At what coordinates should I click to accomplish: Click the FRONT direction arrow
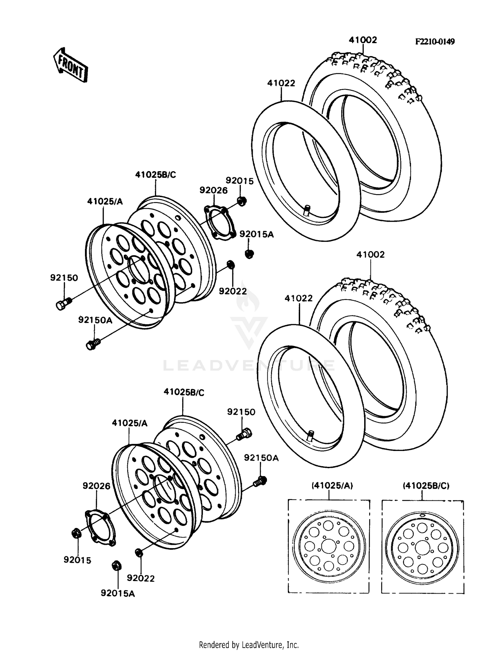71,65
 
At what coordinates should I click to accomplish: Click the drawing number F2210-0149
435,42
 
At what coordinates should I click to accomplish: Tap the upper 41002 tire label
363,40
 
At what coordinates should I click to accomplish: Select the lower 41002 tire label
371,254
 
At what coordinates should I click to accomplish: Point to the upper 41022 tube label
281,83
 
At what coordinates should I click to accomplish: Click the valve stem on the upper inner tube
306,210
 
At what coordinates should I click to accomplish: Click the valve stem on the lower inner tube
310,435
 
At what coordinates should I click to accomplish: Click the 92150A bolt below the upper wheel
93,344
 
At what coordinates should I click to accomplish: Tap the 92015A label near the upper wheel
256,234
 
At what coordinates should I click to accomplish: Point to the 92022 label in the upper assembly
233,291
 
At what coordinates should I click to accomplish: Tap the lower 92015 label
77,560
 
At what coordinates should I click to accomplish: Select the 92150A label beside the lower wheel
261,458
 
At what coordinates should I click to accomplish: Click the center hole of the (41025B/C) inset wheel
422,547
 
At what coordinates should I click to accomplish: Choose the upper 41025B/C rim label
155,175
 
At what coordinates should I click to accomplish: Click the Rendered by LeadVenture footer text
249,645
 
